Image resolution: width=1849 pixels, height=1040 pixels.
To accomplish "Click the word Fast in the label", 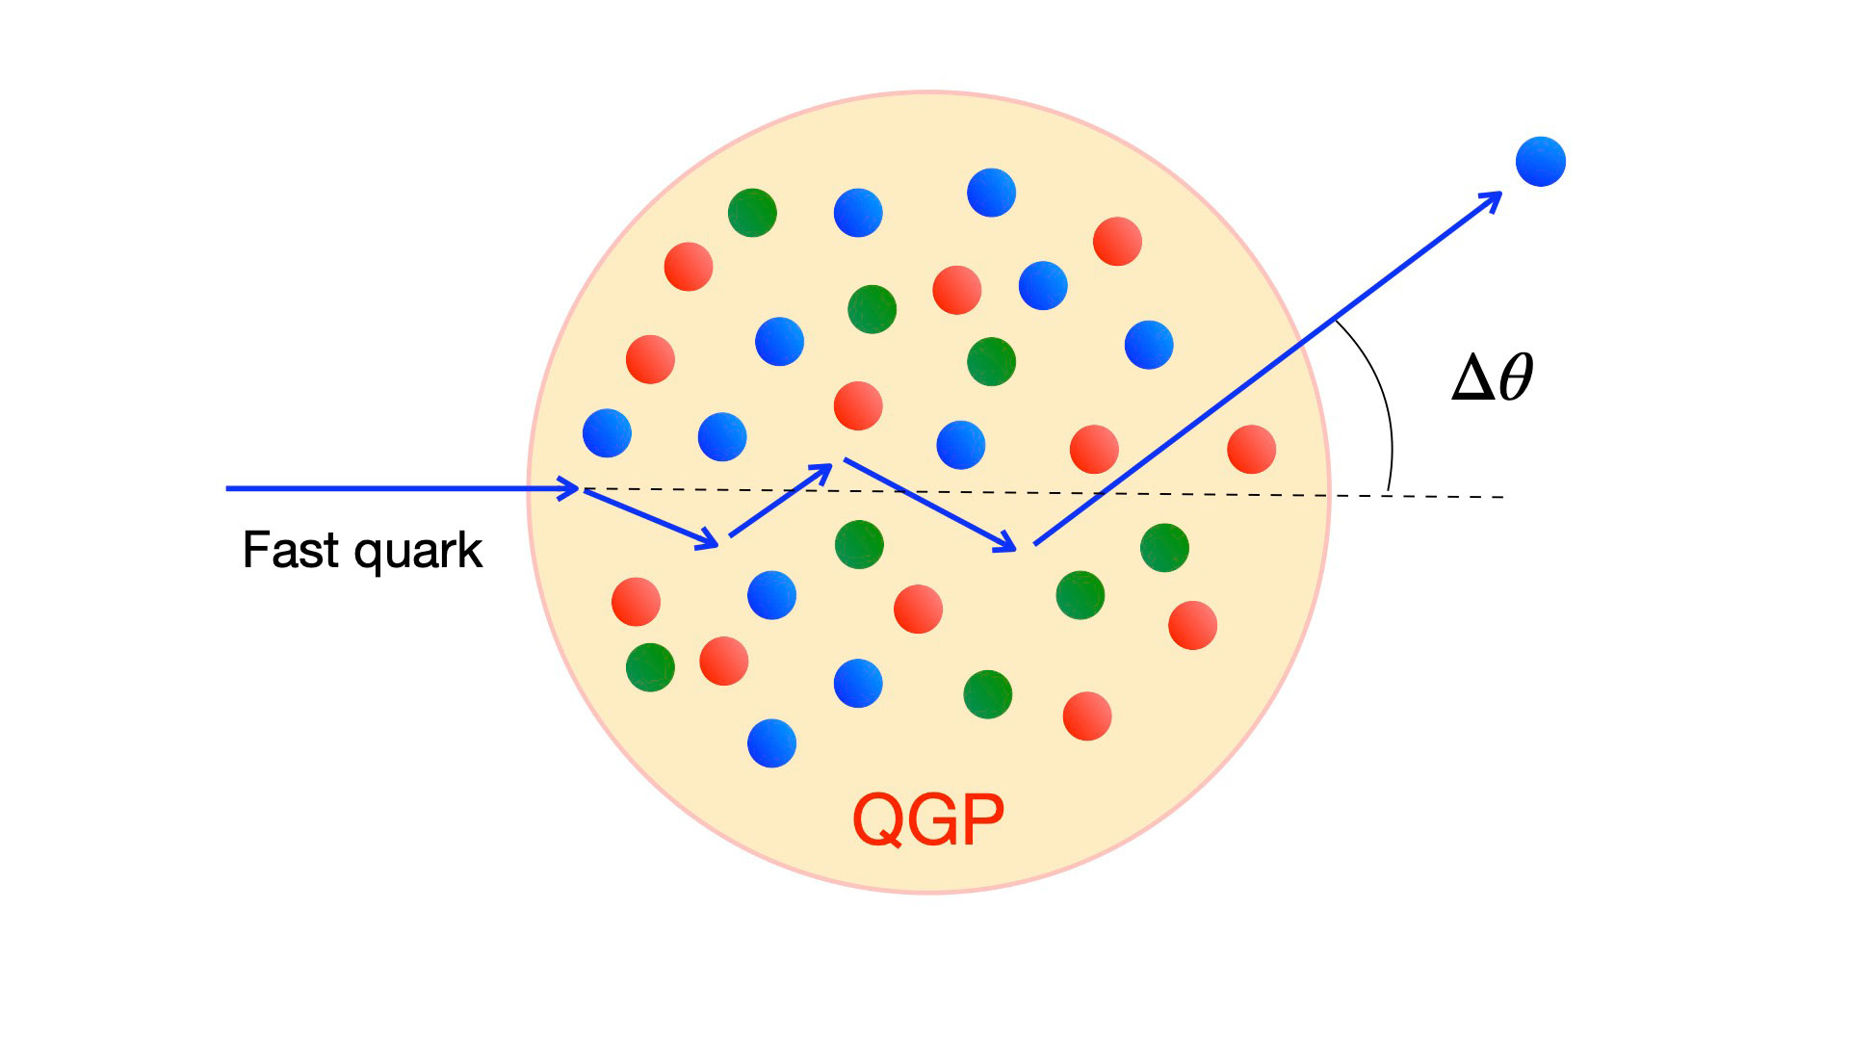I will pyautogui.click(x=292, y=551).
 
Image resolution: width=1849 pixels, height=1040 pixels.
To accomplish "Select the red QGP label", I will pyautogui.click(x=928, y=820).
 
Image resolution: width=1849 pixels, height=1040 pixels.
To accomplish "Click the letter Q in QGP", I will pyautogui.click(x=877, y=820).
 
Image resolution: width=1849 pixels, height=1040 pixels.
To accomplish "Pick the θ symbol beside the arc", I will pyautogui.click(x=1516, y=377).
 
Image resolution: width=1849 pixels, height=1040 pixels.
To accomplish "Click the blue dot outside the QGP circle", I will pyautogui.click(x=1540, y=162).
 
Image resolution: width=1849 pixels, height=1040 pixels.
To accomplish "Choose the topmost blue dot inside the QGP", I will pyautogui.click(x=991, y=193).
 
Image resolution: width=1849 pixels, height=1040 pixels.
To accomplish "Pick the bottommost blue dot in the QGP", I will pyautogui.click(x=771, y=742).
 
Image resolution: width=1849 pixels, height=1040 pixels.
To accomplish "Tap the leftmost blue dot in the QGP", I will pyautogui.click(x=607, y=433).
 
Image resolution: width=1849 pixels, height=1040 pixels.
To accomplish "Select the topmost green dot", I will pyautogui.click(x=752, y=213).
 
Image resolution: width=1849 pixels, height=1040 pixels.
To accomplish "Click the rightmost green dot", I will pyautogui.click(x=1164, y=548).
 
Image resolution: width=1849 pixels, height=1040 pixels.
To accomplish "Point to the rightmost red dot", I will pyautogui.click(x=1251, y=450).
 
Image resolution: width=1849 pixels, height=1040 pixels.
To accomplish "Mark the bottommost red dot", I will pyautogui.click(x=1087, y=715).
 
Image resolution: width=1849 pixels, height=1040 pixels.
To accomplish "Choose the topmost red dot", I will pyautogui.click(x=1117, y=241).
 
